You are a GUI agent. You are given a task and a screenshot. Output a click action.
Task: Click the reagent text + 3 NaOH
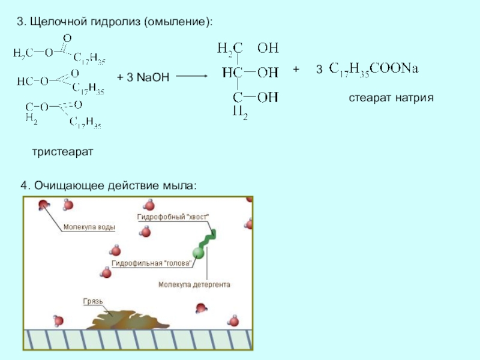tap(143, 77)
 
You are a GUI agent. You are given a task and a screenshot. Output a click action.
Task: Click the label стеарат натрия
tap(391, 97)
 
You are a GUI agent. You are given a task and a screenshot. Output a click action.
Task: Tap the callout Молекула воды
tap(89, 227)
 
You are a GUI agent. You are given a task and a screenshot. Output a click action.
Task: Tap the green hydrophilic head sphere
tap(198, 254)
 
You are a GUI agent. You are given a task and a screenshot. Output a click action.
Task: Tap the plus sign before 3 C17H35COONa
tap(296, 70)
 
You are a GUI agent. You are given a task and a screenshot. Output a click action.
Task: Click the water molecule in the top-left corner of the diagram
tap(44, 206)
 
